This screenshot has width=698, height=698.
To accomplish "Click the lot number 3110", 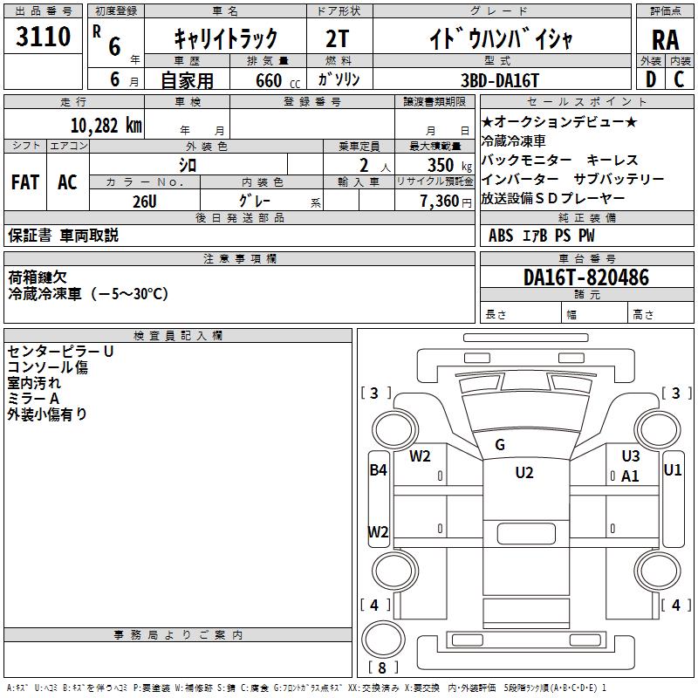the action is coord(43,37).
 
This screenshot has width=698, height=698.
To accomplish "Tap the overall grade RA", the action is coord(665,40).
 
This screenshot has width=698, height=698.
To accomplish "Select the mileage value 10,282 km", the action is coord(106,126).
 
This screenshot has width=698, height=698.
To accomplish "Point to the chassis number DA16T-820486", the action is coord(586,277).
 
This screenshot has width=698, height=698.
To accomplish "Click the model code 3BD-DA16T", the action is coord(499,80).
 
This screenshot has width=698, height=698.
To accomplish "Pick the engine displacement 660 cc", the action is coord(277,81).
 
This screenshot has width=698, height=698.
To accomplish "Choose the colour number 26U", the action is coord(145,202).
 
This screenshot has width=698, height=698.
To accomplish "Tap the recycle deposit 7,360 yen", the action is coord(446,202).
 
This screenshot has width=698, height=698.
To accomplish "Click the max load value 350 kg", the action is coord(449,165).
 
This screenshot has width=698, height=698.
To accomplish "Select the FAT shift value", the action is coord(25,182).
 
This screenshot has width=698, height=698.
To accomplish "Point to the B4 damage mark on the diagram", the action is coord(379,469).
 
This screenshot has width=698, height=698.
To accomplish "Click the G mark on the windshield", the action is coord(500,444).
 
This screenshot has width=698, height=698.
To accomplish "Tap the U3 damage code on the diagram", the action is coord(630,455).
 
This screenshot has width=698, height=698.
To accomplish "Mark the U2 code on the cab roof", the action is coord(524,472).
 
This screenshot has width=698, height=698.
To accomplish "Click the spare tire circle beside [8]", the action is coord(383,640).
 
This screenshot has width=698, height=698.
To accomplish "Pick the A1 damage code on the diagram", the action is coord(630,476).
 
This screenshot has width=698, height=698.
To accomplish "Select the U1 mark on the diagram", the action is coord(672,469).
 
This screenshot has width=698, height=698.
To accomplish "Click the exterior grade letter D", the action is coord(650,79).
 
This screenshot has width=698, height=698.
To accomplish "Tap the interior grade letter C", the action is coord(679,79).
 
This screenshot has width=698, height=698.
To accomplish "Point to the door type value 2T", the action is coord(338,38).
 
